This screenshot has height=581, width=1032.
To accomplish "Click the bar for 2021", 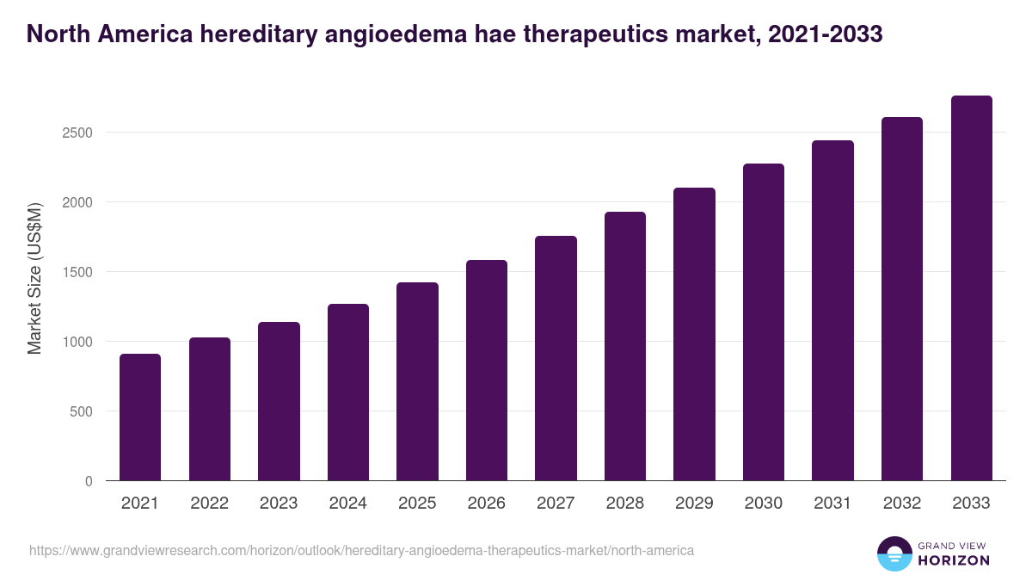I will [x=140, y=417].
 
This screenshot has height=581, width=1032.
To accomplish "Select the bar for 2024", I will [x=347, y=392].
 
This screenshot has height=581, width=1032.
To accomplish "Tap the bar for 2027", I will [x=556, y=358].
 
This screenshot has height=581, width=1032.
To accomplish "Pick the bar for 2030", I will [x=764, y=322].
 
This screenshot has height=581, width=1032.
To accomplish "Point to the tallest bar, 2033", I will [x=971, y=288].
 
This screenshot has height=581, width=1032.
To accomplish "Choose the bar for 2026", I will [x=487, y=370].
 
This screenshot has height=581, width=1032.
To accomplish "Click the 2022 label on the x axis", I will [x=209, y=504].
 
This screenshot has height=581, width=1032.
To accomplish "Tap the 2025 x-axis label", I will [x=417, y=504].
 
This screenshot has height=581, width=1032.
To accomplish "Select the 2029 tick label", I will [x=694, y=504].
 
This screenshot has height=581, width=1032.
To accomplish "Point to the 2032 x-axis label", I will [x=902, y=504].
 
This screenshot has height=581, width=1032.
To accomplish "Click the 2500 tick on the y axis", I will [x=77, y=133].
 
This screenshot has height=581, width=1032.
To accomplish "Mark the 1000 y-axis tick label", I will [x=77, y=342].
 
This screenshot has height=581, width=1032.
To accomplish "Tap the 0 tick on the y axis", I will [x=89, y=481].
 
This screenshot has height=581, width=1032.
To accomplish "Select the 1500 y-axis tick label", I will [x=77, y=272].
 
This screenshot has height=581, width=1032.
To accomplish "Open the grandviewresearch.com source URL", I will [x=361, y=550].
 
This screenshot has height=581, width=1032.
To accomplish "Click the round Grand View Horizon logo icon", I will [x=894, y=553].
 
